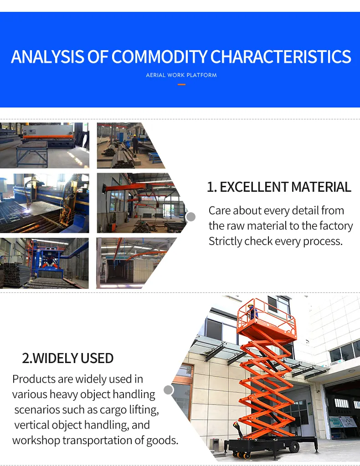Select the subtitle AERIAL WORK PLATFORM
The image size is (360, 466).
[x=181, y=75]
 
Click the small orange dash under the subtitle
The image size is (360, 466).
[x=181, y=84]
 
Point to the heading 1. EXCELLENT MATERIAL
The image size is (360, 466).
[x=279, y=187]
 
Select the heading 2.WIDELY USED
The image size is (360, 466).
[x=68, y=358]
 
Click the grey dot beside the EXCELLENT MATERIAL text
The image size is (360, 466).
[x=191, y=217]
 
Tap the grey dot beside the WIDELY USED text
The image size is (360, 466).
[x=168, y=390]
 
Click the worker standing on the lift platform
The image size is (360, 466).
[x=252, y=312]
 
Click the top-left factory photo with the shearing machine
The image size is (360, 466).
[x=44, y=145]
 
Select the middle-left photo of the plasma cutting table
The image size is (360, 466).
[x=44, y=203]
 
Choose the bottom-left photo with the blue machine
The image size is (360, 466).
[x=44, y=263]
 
